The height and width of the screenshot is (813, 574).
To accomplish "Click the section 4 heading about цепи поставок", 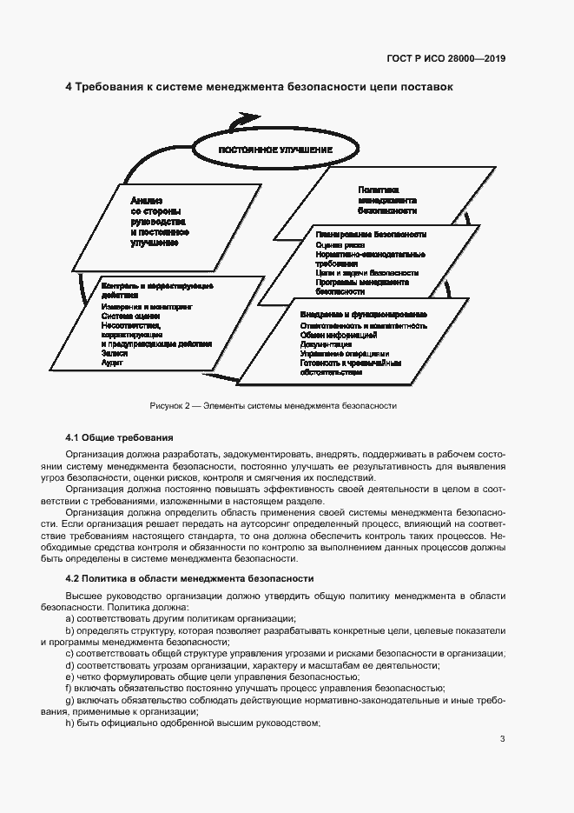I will [x=259, y=87].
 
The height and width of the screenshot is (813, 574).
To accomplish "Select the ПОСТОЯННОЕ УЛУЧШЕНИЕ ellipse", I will [x=276, y=150].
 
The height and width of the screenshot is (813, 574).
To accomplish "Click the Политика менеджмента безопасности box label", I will [x=387, y=200].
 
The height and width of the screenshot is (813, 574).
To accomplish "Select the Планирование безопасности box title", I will [x=371, y=235].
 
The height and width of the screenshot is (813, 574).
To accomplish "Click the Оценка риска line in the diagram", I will [x=334, y=245].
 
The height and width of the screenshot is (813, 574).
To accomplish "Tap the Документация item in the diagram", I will [x=326, y=343].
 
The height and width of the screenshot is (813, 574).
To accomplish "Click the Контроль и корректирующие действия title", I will [x=157, y=290].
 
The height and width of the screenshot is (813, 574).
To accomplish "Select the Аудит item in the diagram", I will [x=112, y=363].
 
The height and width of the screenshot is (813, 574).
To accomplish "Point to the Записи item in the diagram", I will [x=115, y=353].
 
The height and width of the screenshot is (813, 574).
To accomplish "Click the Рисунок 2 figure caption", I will [x=274, y=405].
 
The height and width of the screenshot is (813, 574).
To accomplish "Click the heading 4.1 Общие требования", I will [x=120, y=436].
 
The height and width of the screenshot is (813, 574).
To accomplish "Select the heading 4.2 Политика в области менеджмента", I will [x=189, y=578].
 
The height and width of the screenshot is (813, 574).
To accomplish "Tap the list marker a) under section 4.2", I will [x=69, y=618].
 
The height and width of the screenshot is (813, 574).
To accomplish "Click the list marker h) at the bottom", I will [x=69, y=725].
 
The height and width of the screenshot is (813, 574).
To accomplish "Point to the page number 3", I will [x=502, y=740].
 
